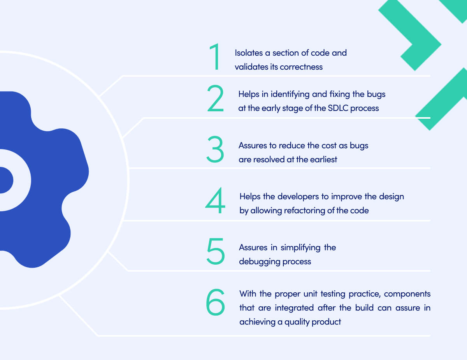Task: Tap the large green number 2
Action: point(215,99)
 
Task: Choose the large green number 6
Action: point(216,302)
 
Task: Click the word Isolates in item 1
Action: point(248,53)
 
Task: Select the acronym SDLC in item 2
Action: point(338,108)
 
